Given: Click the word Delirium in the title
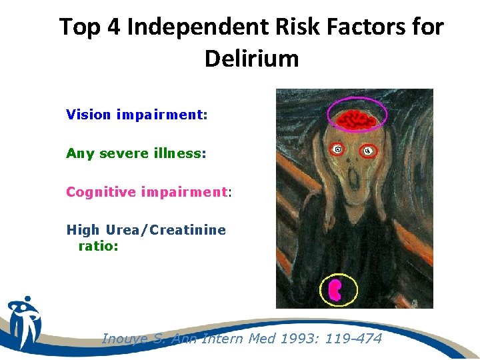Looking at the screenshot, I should pyautogui.click(x=251, y=59).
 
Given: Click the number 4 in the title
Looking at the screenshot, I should pyautogui.click(x=113, y=27).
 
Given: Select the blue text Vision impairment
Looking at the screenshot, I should pyautogui.click(x=137, y=115).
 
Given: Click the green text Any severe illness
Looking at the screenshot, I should pyautogui.click(x=136, y=153).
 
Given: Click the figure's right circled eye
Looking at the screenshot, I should pyautogui.click(x=367, y=151).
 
